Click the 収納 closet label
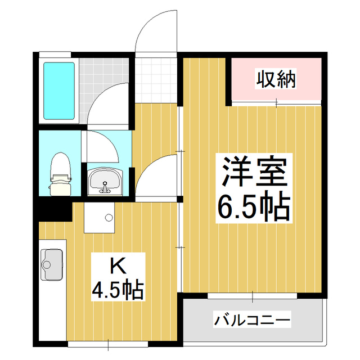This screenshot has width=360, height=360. (276, 80)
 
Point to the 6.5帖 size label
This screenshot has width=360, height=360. (254, 207)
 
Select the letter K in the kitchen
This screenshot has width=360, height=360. (117, 264)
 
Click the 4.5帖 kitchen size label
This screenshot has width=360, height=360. (118, 290)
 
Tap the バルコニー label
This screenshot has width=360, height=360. (252, 321)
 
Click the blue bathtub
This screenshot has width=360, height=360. (59, 91)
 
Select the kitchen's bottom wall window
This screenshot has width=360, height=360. (107, 343)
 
